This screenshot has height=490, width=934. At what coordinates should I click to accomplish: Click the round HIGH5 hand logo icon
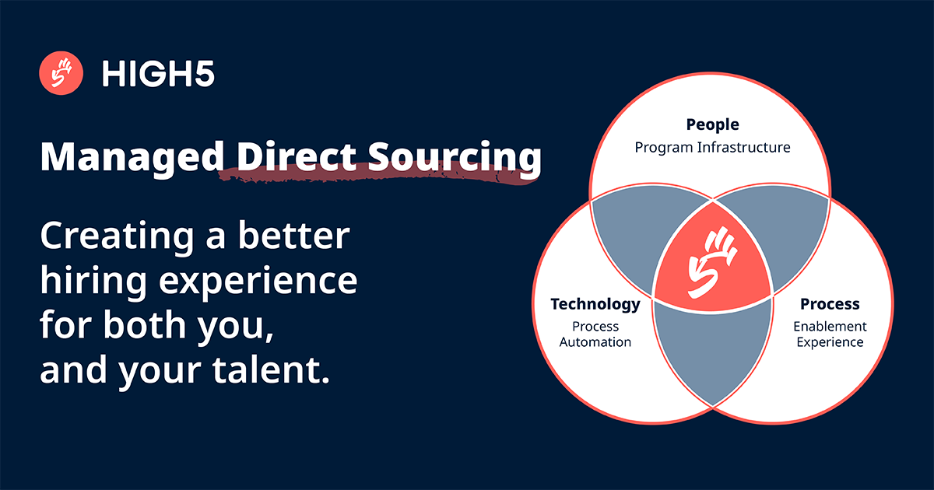coord(61,74)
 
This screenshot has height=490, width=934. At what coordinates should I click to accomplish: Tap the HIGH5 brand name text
coord(158,75)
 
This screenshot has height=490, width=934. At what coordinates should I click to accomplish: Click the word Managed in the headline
coord(127,158)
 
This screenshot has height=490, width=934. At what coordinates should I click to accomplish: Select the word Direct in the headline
coord(284,158)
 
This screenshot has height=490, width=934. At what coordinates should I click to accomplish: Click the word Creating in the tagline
coord(118,236)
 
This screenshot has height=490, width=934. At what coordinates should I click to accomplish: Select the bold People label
coord(712,124)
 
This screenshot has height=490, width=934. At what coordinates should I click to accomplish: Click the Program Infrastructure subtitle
coord(712,147)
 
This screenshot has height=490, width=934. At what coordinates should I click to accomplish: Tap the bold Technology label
coord(595,304)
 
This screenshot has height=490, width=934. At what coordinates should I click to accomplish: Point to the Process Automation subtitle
coord(595,334)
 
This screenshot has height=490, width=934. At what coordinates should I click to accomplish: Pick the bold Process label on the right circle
coord(830,304)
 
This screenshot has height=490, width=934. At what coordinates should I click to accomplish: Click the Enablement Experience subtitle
coord(830,334)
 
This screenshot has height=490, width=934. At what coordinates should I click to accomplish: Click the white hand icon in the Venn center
coord(710,260)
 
